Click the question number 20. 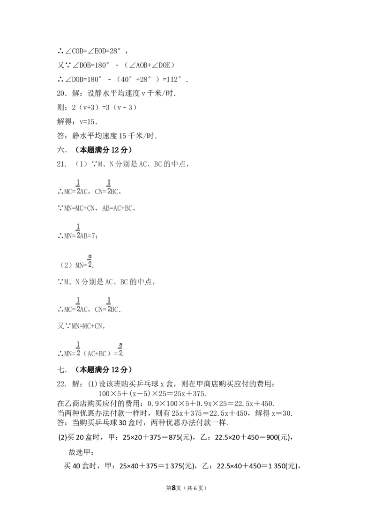(61, 93)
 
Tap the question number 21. (61, 164)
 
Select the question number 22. (61, 384)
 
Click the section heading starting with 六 (94, 150)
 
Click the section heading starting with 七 (94, 369)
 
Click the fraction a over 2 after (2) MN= (90, 261)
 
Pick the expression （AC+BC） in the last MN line (98, 354)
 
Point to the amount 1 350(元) (283, 466)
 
